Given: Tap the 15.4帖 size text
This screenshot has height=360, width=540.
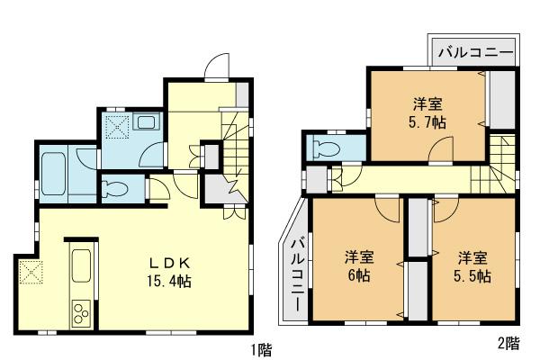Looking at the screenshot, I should point(170,281).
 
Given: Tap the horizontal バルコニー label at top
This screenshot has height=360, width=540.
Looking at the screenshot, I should point(475,53).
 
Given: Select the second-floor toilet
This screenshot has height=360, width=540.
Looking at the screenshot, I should point(328,147).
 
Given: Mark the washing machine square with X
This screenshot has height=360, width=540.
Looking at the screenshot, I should point(118,126).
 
